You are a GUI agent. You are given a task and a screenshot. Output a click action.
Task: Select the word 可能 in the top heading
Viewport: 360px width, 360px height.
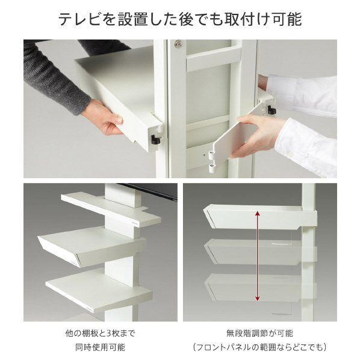pos(287,19)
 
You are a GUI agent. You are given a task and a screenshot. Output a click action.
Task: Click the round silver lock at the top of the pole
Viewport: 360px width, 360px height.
pos(179,43)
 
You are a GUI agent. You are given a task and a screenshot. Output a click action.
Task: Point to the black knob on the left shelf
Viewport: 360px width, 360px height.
pos(155,139)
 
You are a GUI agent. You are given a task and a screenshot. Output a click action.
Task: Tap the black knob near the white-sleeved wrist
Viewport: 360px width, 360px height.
pos(272,110)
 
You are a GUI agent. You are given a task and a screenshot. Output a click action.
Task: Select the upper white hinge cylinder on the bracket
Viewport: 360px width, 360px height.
pos(212,154)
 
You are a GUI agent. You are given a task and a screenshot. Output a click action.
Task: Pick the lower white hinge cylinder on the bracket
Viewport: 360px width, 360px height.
pos(212,167)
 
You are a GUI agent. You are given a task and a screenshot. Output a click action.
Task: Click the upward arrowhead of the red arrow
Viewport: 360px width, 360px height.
pos(258,214)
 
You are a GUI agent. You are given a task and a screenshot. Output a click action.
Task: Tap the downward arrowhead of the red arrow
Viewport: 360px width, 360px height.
pos(258,298)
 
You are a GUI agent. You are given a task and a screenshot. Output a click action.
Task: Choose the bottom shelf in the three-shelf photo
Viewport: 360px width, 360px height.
pos(99,290)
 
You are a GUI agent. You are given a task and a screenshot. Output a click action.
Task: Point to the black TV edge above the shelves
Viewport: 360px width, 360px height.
pos(149,191)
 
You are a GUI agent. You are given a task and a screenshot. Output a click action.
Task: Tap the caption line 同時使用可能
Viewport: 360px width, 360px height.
pos(101,347)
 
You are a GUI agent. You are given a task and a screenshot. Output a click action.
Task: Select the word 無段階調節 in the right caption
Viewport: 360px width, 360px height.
pos(246,333)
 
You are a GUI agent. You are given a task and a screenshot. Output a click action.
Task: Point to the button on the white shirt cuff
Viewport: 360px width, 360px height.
pos(291,154)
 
